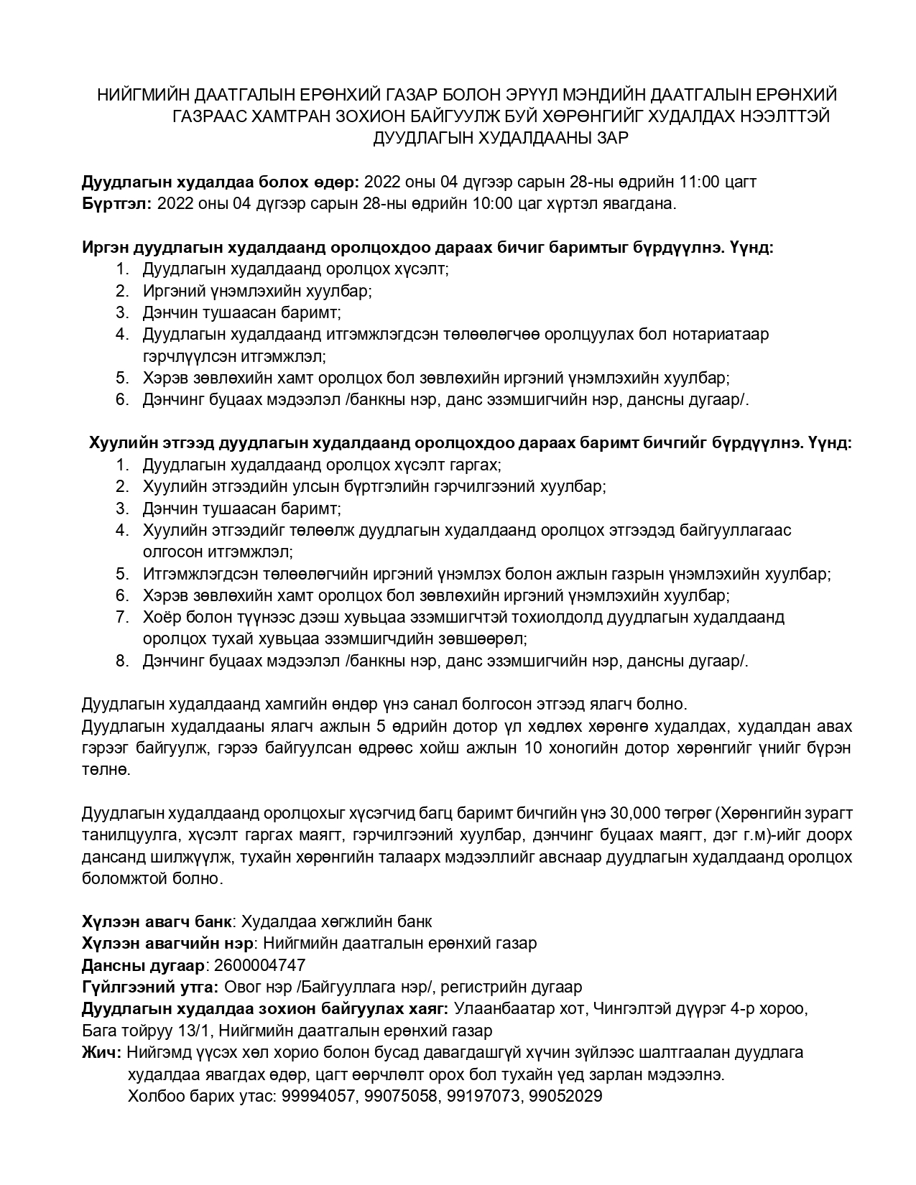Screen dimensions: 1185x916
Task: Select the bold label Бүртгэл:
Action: tap(116, 203)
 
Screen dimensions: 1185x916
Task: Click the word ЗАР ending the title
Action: tap(611, 138)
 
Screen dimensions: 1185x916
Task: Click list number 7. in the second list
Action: tap(122, 617)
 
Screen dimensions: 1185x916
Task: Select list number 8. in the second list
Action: tap(122, 661)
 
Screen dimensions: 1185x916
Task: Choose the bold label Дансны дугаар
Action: tap(144, 965)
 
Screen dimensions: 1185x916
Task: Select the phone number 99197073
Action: tap(483, 1096)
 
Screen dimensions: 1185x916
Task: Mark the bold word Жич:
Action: tap(102, 1052)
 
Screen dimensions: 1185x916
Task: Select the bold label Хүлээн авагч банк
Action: tap(157, 921)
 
